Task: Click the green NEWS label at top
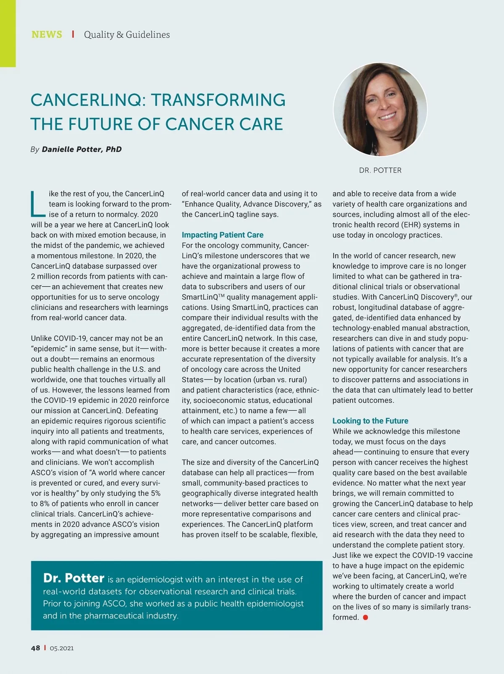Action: [47, 34]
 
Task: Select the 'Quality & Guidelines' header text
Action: [127, 34]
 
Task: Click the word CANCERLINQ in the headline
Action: [87, 100]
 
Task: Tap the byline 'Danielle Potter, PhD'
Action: [81, 149]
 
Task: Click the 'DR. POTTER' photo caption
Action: [380, 170]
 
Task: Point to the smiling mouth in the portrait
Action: [387, 116]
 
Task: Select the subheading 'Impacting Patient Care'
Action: [223, 235]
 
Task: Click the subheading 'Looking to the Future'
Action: [370, 421]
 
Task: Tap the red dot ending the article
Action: [365, 617]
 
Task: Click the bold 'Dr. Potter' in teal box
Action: [73, 578]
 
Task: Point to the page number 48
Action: [35, 648]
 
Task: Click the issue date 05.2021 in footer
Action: [61, 648]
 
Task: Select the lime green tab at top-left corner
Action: [8, 34]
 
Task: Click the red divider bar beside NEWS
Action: [73, 34]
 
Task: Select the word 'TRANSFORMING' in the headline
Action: [218, 100]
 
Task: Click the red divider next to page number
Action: [45, 648]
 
